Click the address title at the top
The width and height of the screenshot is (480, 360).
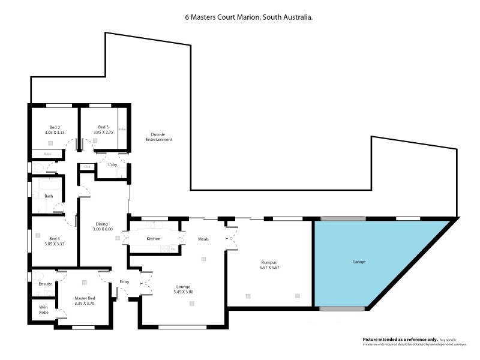(x=248, y=19)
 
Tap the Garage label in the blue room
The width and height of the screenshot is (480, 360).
(x=359, y=262)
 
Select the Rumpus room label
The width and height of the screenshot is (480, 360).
(x=269, y=262)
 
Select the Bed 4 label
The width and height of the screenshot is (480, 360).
(x=54, y=238)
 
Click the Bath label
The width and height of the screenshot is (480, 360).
(x=49, y=196)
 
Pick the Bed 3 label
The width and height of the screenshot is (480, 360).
(x=103, y=127)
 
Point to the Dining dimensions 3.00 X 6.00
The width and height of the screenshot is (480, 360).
(x=103, y=229)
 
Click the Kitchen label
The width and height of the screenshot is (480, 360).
(x=154, y=239)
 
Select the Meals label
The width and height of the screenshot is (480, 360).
(x=203, y=239)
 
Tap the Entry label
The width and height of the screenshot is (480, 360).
(x=124, y=281)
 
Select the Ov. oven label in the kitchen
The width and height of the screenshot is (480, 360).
(x=173, y=248)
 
